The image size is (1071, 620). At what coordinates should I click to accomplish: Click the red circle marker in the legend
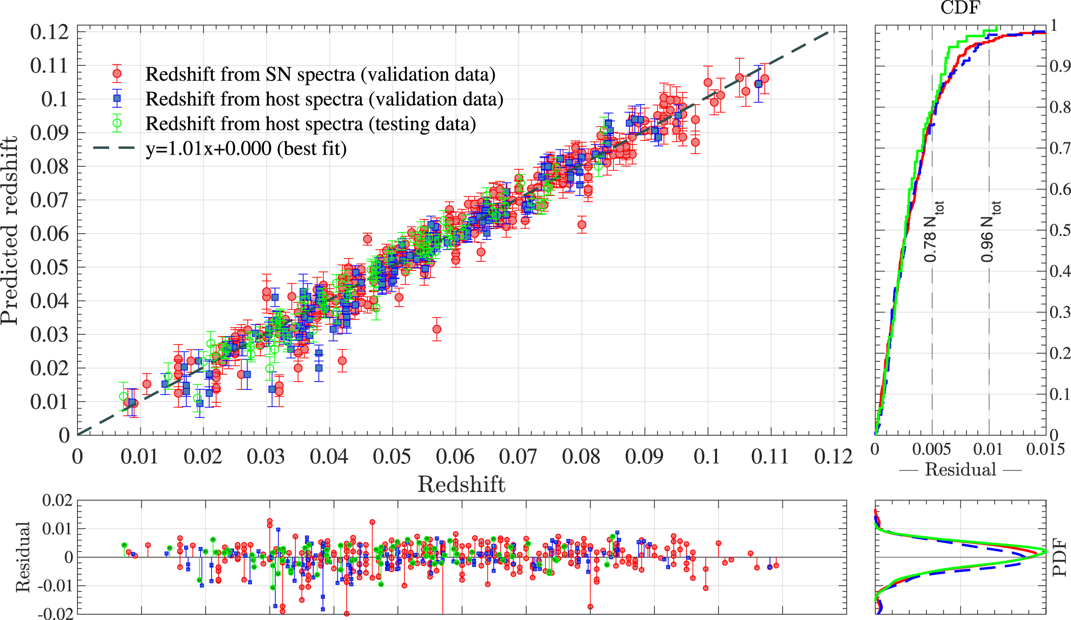pos(117,74)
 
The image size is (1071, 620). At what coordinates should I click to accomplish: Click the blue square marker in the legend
pos(117,98)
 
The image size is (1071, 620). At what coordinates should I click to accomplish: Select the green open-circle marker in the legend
pos(117,123)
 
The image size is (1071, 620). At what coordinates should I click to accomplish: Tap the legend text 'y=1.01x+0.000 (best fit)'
pos(246,148)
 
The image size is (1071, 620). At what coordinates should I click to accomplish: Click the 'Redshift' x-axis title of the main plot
pos(461,484)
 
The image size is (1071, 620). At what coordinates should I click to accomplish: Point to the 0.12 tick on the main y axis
pos(49,32)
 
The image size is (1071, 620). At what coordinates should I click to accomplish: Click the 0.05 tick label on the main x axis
pos(392,456)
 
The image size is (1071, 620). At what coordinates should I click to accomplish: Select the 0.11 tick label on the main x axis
pos(770,456)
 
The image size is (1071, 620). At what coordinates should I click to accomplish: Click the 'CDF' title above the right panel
pos(960,8)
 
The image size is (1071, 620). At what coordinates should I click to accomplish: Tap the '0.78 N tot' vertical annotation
pos(933,232)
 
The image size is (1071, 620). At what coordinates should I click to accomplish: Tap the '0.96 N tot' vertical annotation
pos(990,232)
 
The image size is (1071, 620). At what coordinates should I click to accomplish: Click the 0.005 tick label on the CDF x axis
pos(931,449)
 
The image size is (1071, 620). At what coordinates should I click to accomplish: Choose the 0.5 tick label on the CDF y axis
pos(1059,230)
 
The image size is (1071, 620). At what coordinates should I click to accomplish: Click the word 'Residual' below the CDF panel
pos(960,469)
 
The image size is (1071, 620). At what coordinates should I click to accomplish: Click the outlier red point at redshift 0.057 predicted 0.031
pos(437,329)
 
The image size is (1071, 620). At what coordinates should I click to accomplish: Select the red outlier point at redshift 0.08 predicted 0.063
pos(582,225)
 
